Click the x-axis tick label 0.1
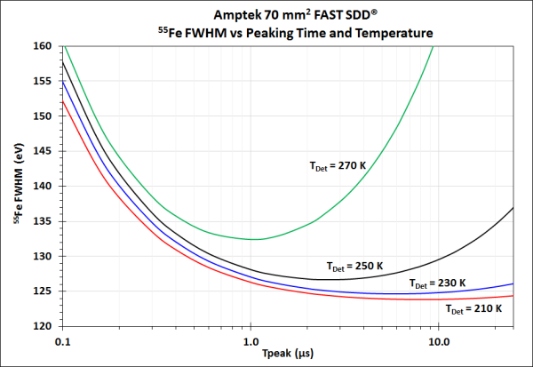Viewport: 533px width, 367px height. point(63,340)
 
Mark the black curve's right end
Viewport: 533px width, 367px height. point(513,207)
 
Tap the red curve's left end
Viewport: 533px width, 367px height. point(63,100)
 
